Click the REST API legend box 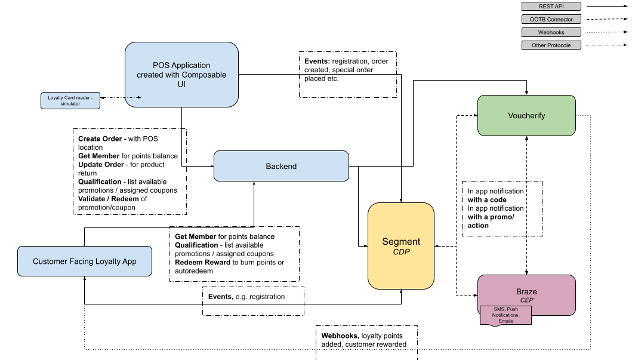pyautogui.click(x=551, y=7)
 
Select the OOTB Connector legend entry pyautogui.click(x=551, y=19)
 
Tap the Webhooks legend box pyautogui.click(x=551, y=32)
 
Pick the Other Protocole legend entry pyautogui.click(x=551, y=45)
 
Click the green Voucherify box pyautogui.click(x=526, y=116)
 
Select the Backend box pyautogui.click(x=281, y=166)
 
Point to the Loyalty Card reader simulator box pyautogui.click(x=70, y=100)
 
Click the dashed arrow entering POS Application pyautogui.click(x=133, y=97)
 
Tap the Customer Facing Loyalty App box pyautogui.click(x=85, y=261)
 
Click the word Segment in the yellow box pyautogui.click(x=401, y=242)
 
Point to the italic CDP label pyautogui.click(x=401, y=253)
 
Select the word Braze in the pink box pyautogui.click(x=526, y=292)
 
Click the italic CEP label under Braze pyautogui.click(x=526, y=300)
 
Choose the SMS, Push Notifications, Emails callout pyautogui.click(x=505, y=315)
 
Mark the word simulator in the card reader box pyautogui.click(x=70, y=104)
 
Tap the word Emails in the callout pyautogui.click(x=505, y=321)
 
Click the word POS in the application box pyautogui.click(x=161, y=65)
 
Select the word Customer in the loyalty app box pyautogui.click(x=50, y=261)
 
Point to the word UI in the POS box pyautogui.click(x=181, y=84)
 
